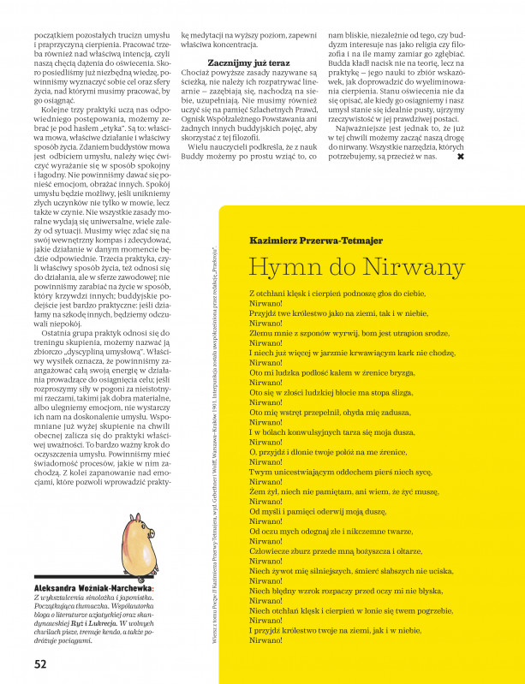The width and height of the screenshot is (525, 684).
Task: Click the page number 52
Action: (40, 663)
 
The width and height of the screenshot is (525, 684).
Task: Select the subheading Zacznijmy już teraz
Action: (249, 63)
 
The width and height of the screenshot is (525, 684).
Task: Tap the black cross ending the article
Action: (461, 157)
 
